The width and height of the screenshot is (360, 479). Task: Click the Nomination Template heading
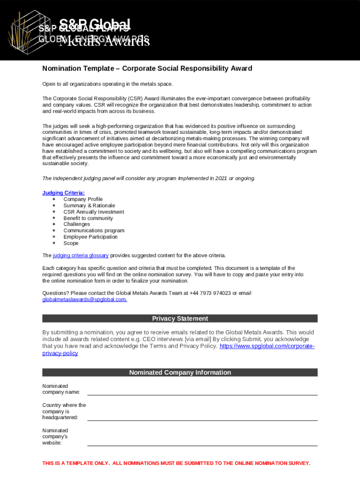pyautogui.click(x=147, y=68)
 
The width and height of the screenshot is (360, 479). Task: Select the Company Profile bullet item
pyautogui.click(x=83, y=199)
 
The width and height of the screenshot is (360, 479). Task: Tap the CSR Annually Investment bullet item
pyautogui.click(x=94, y=212)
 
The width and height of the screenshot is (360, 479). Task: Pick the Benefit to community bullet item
pyautogui.click(x=88, y=218)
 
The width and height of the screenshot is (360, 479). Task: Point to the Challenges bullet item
pyautogui.click(x=77, y=224)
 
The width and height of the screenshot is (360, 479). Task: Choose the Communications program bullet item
pyautogui.click(x=94, y=231)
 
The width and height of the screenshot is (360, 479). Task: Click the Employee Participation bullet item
pyautogui.click(x=90, y=237)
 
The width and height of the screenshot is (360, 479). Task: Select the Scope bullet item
pyautogui.click(x=71, y=243)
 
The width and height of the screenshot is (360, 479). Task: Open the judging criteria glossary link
pyautogui.click(x=80, y=255)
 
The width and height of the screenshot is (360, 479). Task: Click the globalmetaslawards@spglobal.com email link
pyautogui.click(x=85, y=299)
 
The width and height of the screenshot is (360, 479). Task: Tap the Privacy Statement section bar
pyautogui.click(x=180, y=319)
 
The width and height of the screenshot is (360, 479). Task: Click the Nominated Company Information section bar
pyautogui.click(x=180, y=372)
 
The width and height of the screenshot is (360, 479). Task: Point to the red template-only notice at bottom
pyautogui.click(x=176, y=463)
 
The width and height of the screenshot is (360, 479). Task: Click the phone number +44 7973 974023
pyautogui.click(x=210, y=293)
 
